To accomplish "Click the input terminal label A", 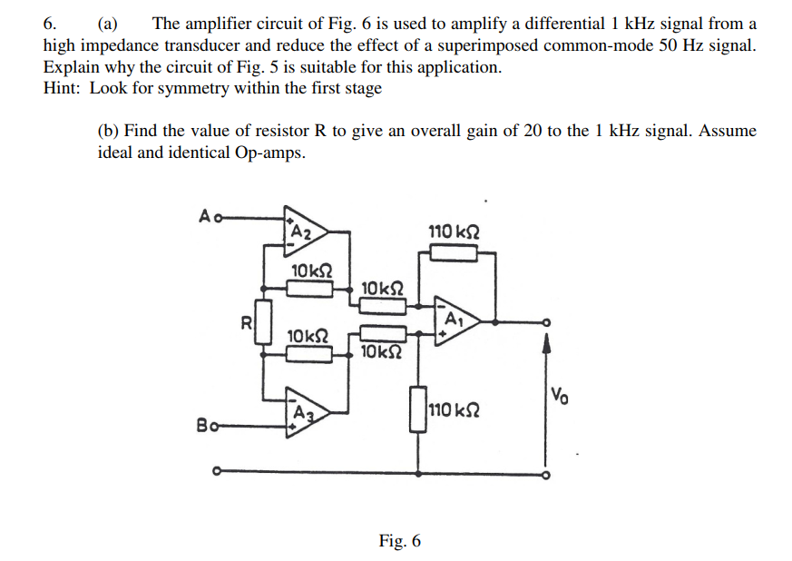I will (204, 216).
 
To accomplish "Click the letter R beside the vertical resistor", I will (245, 320).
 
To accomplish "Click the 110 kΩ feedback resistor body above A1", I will (454, 252).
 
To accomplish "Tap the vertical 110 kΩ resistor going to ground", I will (418, 409).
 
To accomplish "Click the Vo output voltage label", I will (560, 395).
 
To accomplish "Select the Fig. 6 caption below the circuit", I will (399, 541).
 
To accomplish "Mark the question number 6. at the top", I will (51, 25).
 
